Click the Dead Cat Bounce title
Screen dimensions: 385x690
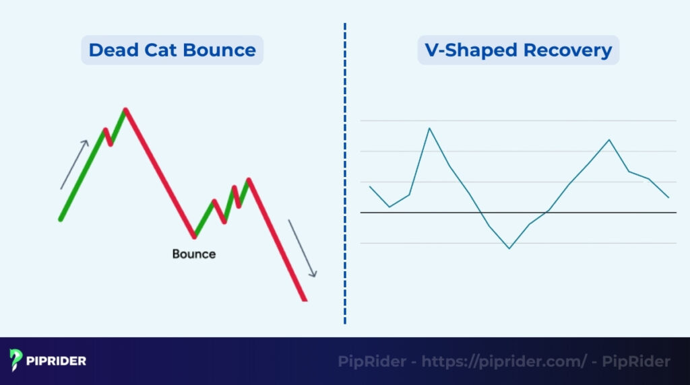point(172,50)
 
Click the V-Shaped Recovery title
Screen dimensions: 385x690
point(517,50)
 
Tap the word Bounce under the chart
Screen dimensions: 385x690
point(194,254)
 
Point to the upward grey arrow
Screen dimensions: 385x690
point(74,164)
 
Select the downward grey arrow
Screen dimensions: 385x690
point(302,248)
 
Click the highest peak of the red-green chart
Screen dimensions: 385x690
point(125,109)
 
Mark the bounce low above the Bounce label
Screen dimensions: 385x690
point(195,236)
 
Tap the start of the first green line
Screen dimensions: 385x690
point(61,219)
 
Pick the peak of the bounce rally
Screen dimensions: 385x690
point(249,179)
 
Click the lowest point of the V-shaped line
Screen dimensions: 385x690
point(509,248)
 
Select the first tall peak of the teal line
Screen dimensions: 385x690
point(429,128)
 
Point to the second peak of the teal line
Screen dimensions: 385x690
point(609,140)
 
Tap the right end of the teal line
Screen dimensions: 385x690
point(668,197)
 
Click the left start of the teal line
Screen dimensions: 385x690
point(370,186)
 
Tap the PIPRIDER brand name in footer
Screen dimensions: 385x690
point(57,361)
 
